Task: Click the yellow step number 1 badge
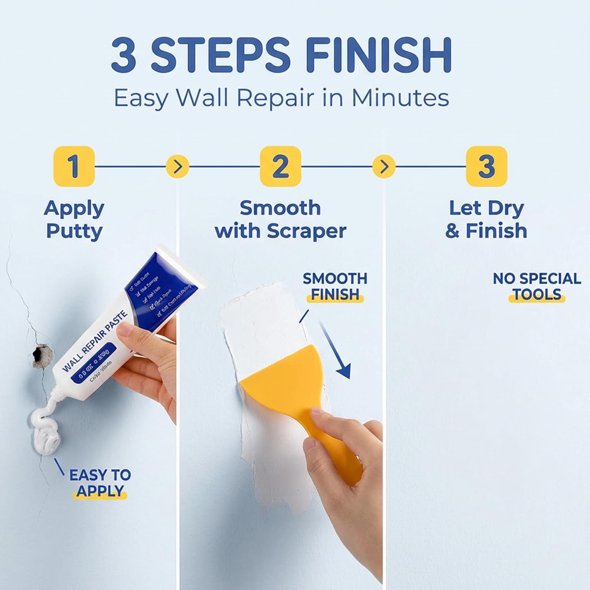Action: tap(74, 166)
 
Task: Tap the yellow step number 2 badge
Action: tap(280, 166)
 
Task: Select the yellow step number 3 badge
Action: tap(486, 166)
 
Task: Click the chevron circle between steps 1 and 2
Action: tap(177, 167)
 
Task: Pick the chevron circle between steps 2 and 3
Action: tap(383, 167)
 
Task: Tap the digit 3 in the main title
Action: tap(124, 56)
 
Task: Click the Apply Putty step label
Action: tap(74, 219)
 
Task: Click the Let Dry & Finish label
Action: tap(486, 219)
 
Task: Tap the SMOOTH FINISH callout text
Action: tap(335, 286)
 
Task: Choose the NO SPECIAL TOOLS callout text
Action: tap(537, 286)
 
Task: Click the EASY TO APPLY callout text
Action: tap(100, 483)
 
